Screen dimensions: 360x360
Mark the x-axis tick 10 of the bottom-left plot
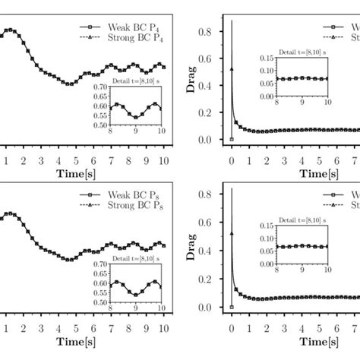[x=165, y=328]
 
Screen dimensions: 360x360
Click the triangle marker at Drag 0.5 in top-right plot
[x=232, y=69]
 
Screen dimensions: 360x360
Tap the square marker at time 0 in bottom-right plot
[x=232, y=307]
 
